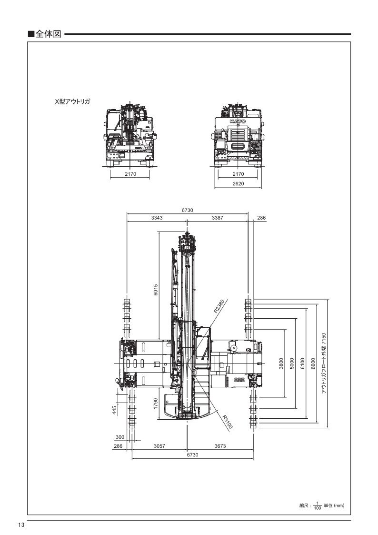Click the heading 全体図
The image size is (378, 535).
coord(48,34)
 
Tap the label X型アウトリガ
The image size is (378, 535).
coord(72,101)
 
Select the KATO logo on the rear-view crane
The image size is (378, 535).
coord(238,121)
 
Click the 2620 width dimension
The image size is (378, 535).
coord(238,183)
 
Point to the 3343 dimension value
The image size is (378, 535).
coord(157,218)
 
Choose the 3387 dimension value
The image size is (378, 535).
coord(218,218)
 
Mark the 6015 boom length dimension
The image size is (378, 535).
coord(156,290)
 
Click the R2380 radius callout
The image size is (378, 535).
coord(219,306)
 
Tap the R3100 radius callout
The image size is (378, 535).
coord(228,422)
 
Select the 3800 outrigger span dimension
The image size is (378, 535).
coord(281,363)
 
